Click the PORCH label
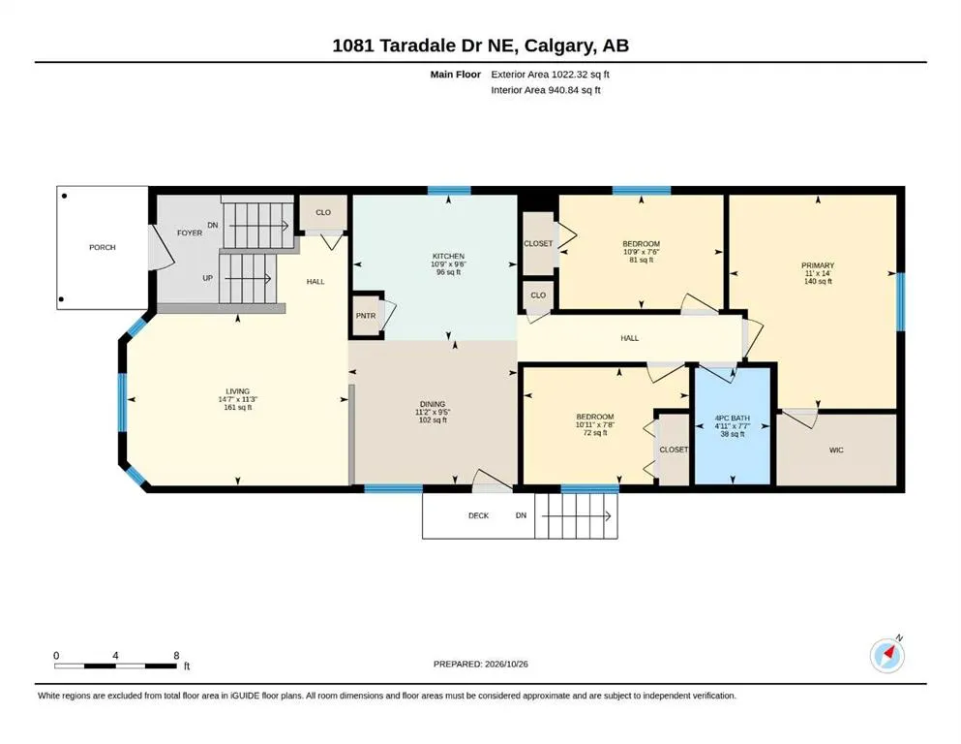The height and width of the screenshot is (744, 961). [x=103, y=247]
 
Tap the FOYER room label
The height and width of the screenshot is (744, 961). [x=190, y=233]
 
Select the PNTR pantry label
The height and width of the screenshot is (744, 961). [x=366, y=316]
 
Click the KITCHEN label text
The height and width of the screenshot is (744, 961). [x=449, y=256]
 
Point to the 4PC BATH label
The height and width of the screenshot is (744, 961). [x=733, y=418]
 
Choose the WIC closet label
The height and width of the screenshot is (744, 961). [x=836, y=450]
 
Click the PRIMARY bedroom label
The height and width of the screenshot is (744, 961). [x=818, y=265]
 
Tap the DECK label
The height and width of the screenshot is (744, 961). [x=479, y=515]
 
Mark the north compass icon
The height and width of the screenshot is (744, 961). [x=887, y=655]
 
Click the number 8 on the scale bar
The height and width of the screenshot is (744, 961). [x=176, y=656]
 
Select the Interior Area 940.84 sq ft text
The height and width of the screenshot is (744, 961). [x=546, y=90]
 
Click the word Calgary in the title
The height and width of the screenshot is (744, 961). [x=559, y=46]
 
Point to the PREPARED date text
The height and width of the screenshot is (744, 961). [x=480, y=664]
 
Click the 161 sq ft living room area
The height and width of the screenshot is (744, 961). [x=238, y=407]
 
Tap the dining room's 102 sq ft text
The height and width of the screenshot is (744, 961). [x=433, y=420]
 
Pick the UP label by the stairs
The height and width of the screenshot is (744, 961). [x=208, y=278]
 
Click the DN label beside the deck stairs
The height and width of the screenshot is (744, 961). [x=521, y=515]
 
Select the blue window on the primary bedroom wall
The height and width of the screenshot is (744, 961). [x=901, y=302]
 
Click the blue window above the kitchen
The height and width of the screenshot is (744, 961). [x=449, y=190]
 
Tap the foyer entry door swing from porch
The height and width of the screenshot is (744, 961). [x=162, y=247]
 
